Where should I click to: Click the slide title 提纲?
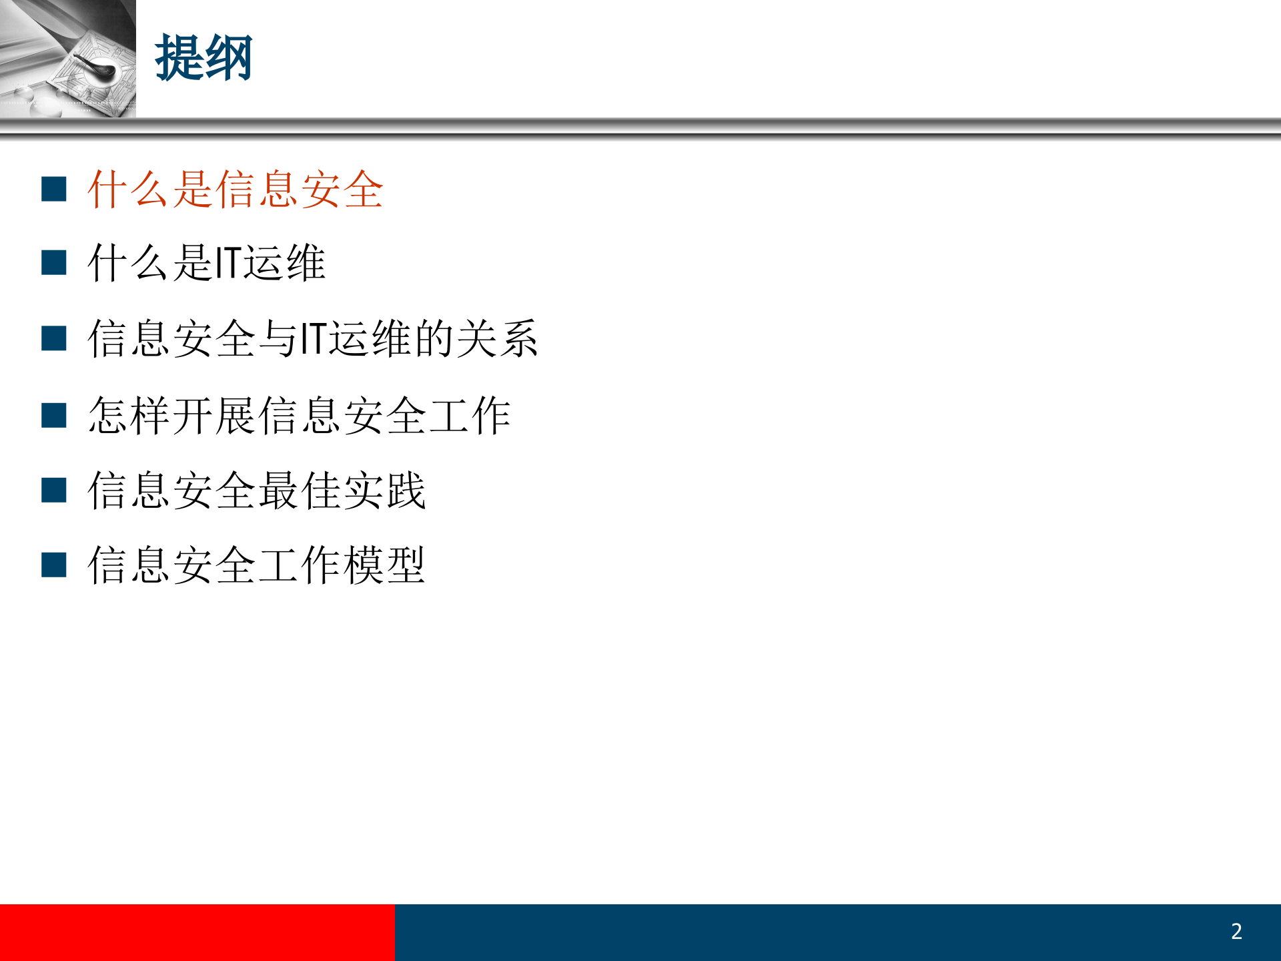point(203,59)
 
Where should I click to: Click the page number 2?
point(1236,931)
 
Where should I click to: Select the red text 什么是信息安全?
point(235,190)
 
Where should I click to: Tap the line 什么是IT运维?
point(206,263)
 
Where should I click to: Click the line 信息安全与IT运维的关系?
point(312,338)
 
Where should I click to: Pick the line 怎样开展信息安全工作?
point(299,415)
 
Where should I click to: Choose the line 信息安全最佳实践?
point(256,491)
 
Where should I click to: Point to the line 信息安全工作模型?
point(256,565)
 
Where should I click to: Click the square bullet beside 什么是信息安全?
point(54,190)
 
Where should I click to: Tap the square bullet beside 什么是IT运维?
point(54,263)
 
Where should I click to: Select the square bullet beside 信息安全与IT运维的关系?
point(54,338)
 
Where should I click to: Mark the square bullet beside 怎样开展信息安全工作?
point(54,415)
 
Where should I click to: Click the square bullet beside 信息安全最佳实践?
point(54,491)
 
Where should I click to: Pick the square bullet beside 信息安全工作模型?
point(54,565)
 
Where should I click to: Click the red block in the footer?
point(197,932)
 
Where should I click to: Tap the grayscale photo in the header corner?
point(67,59)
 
